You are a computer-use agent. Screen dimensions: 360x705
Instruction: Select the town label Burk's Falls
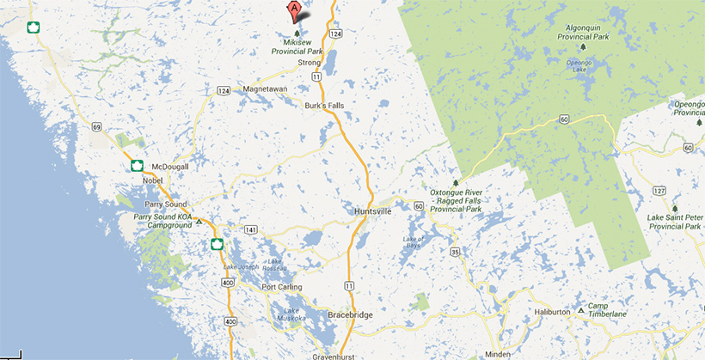[x=322, y=105]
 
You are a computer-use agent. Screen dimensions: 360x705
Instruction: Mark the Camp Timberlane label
[x=605, y=312]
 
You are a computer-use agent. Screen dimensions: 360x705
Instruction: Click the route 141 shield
[x=251, y=229]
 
